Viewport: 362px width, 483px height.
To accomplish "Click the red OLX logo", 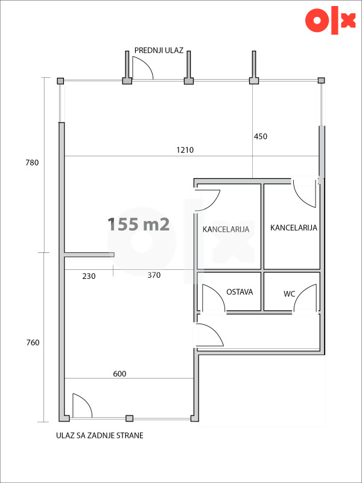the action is tap(330, 21).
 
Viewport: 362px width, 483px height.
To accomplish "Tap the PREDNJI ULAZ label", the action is tap(159, 51).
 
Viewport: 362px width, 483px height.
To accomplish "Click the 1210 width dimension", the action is tap(185, 150).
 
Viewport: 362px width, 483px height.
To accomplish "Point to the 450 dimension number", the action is tap(261, 136).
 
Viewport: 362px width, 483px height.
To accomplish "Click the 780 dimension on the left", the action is tap(32, 162).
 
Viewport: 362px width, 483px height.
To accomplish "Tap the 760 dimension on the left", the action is tap(33, 342).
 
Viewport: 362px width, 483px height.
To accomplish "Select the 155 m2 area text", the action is tap(138, 224).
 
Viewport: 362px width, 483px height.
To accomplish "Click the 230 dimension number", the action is tap(89, 276).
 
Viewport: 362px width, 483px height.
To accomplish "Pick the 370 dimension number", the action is tap(154, 275).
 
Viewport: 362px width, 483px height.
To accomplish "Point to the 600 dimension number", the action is tap(119, 374).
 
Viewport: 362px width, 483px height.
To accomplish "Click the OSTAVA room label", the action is tap(240, 292).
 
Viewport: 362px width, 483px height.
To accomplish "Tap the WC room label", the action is tap(290, 294).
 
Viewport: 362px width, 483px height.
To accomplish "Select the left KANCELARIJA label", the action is tap(226, 229).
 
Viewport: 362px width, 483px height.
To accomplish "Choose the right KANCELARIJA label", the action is tap(294, 228).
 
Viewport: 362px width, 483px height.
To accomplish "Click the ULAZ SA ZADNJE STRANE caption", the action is tap(100, 435).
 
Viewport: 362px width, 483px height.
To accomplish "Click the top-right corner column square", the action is tap(321, 80).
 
